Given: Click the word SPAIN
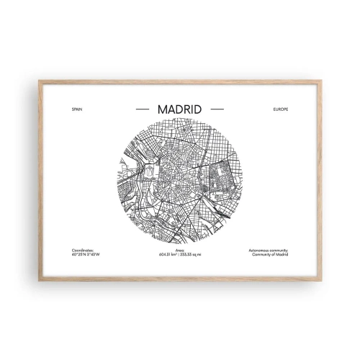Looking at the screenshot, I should coord(78,109).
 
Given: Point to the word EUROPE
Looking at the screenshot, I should coord(280,109).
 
